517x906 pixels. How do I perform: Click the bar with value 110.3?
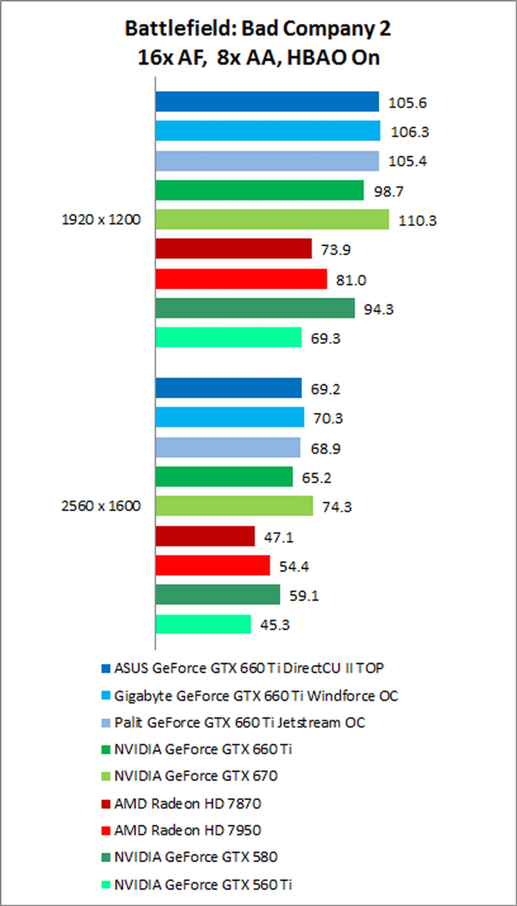pyautogui.click(x=272, y=220)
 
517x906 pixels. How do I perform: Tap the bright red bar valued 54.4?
pyautogui.click(x=212, y=565)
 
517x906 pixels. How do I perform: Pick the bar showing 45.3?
pyautogui.click(x=203, y=624)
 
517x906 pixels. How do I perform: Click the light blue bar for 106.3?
pyautogui.click(x=267, y=131)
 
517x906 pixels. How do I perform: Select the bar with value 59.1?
pyautogui.click(x=217, y=595)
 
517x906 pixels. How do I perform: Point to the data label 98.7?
pyautogui.click(x=389, y=192)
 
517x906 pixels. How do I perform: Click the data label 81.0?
pyautogui.click(x=351, y=280)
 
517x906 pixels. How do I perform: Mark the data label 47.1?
pyautogui.click(x=278, y=537)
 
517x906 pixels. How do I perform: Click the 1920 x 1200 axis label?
pyautogui.click(x=101, y=220)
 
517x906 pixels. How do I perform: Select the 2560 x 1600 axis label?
pyautogui.click(x=101, y=506)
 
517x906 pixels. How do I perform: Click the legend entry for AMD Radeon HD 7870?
pyautogui.click(x=187, y=804)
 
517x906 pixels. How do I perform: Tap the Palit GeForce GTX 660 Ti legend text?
pyautogui.click(x=240, y=722)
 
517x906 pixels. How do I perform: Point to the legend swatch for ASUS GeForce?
pyautogui.click(x=106, y=669)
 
